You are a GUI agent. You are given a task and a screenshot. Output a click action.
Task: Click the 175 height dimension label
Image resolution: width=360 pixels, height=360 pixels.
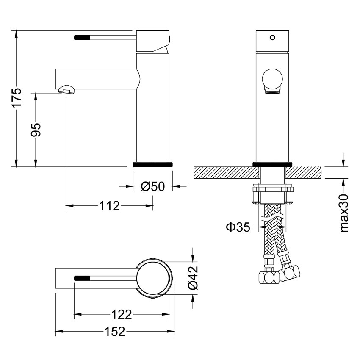[17, 97]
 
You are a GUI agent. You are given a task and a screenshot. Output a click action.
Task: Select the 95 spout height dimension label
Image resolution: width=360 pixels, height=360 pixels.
[36, 130]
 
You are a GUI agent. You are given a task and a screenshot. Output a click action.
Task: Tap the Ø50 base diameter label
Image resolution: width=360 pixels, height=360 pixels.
[152, 186]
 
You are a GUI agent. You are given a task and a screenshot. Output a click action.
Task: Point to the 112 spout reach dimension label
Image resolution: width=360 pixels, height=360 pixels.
[110, 206]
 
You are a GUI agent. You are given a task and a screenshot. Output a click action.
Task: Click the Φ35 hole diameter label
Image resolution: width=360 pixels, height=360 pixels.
[238, 227]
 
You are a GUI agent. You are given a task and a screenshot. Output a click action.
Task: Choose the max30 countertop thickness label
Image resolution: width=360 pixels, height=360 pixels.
[344, 213]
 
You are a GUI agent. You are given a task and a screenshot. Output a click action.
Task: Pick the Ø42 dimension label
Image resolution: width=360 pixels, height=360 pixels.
[192, 278]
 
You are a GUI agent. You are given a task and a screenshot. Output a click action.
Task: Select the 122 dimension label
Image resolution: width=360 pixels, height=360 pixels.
[122, 315]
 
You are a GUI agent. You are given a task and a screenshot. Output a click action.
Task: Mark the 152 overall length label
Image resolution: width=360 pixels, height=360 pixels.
[115, 332]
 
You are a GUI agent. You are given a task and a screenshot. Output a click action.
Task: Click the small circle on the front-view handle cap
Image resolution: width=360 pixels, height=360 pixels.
[272, 37]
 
